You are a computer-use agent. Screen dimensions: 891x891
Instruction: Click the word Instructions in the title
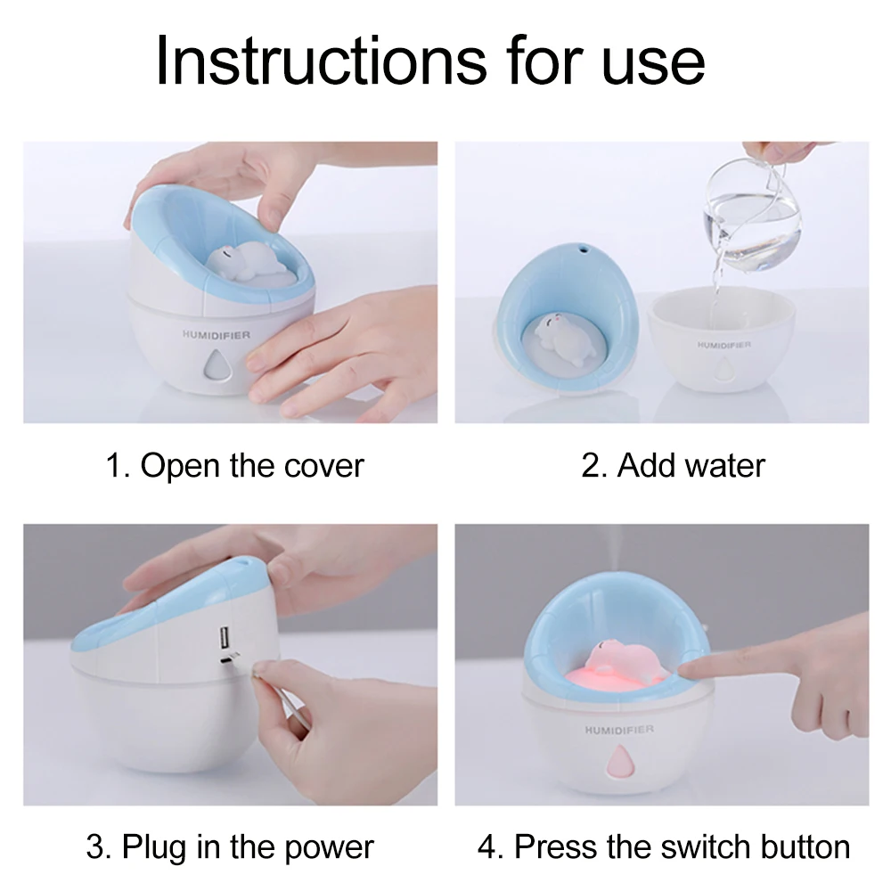pos(322,61)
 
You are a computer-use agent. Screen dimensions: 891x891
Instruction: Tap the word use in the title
pos(653,67)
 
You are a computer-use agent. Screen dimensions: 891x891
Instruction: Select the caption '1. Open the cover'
pos(234,466)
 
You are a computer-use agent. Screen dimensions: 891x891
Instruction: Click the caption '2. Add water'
pos(673,466)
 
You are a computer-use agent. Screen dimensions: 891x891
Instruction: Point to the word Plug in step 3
pos(154,848)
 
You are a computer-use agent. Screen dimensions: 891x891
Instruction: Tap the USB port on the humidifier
pos(225,636)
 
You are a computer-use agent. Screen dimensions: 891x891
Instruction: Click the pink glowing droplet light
pos(619,762)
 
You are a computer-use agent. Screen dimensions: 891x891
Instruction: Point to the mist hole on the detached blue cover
pos(582,249)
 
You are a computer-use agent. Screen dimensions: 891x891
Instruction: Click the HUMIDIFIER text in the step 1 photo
pos(217,335)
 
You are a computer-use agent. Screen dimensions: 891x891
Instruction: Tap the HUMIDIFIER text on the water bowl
pos(723,345)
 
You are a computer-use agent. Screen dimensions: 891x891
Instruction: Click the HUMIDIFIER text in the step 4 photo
pos(619,729)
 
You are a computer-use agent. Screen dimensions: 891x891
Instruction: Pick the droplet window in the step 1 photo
pos(217,364)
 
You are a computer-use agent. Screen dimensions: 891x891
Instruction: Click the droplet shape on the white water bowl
pos(723,371)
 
